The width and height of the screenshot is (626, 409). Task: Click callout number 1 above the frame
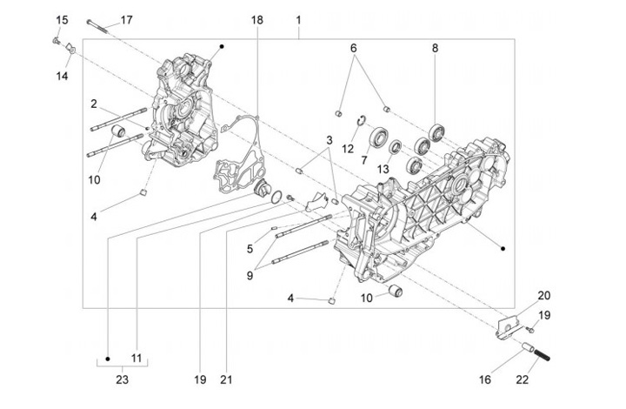[x=298, y=19]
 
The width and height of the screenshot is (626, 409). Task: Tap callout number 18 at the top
[x=257, y=19]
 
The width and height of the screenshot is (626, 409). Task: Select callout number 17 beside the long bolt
[x=127, y=19]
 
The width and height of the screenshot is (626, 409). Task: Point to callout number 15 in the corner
[x=62, y=19]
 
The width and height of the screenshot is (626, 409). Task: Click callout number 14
[x=62, y=76]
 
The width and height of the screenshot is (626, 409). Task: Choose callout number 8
[x=436, y=49]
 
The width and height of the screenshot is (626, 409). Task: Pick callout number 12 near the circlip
[x=348, y=149]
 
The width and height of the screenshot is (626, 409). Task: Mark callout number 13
[x=383, y=170]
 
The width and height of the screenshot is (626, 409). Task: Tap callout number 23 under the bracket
[x=121, y=379]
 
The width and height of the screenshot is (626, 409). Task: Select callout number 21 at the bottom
[x=227, y=379]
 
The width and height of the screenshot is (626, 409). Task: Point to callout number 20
[x=543, y=295]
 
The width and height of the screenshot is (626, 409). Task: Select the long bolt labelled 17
[x=99, y=22]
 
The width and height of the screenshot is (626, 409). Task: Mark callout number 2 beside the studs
[x=93, y=104]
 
